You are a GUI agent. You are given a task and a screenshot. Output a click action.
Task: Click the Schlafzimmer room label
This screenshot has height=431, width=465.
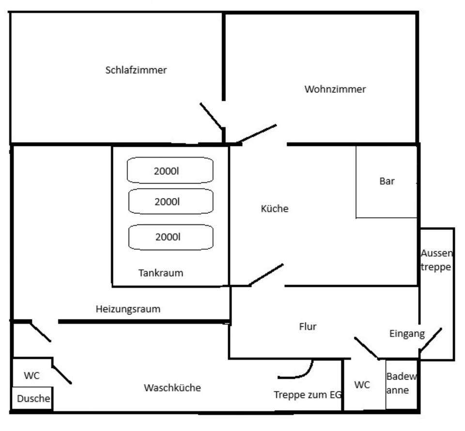pos(136,70)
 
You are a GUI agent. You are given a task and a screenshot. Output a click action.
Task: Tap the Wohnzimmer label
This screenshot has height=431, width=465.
pos(335,89)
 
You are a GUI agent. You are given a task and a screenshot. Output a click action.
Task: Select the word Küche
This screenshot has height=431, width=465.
pos(275,209)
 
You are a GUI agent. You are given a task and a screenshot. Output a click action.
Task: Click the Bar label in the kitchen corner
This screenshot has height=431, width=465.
pos(387,181)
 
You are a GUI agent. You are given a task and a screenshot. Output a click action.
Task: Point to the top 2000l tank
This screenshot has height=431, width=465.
pos(170,170)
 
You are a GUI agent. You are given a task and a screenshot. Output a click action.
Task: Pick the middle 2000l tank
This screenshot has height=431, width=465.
pos(170,201)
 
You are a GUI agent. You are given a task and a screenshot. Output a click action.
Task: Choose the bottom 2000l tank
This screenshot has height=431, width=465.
pos(170,237)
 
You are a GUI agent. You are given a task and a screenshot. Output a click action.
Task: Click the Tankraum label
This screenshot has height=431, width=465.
pos(161,273)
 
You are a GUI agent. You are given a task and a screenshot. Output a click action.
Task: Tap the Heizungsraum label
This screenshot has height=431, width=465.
pos(128,309)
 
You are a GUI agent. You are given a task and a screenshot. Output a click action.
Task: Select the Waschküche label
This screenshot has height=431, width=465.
pos(172,388)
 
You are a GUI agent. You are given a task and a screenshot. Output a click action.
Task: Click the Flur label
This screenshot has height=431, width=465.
pos(308,327)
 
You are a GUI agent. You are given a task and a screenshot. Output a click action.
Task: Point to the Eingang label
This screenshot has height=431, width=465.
pos(407,334)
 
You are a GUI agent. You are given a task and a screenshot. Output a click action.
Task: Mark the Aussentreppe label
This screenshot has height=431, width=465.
pos(436,260)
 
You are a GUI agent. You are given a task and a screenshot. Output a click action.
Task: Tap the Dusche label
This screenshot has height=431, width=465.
pos(33,399)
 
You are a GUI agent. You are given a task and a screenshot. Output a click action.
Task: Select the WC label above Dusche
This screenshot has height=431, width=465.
pos(31,376)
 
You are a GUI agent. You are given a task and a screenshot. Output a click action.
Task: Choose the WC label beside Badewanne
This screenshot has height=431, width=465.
pos(362,385)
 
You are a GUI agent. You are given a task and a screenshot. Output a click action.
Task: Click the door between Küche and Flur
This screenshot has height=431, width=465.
pos(266,275)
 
